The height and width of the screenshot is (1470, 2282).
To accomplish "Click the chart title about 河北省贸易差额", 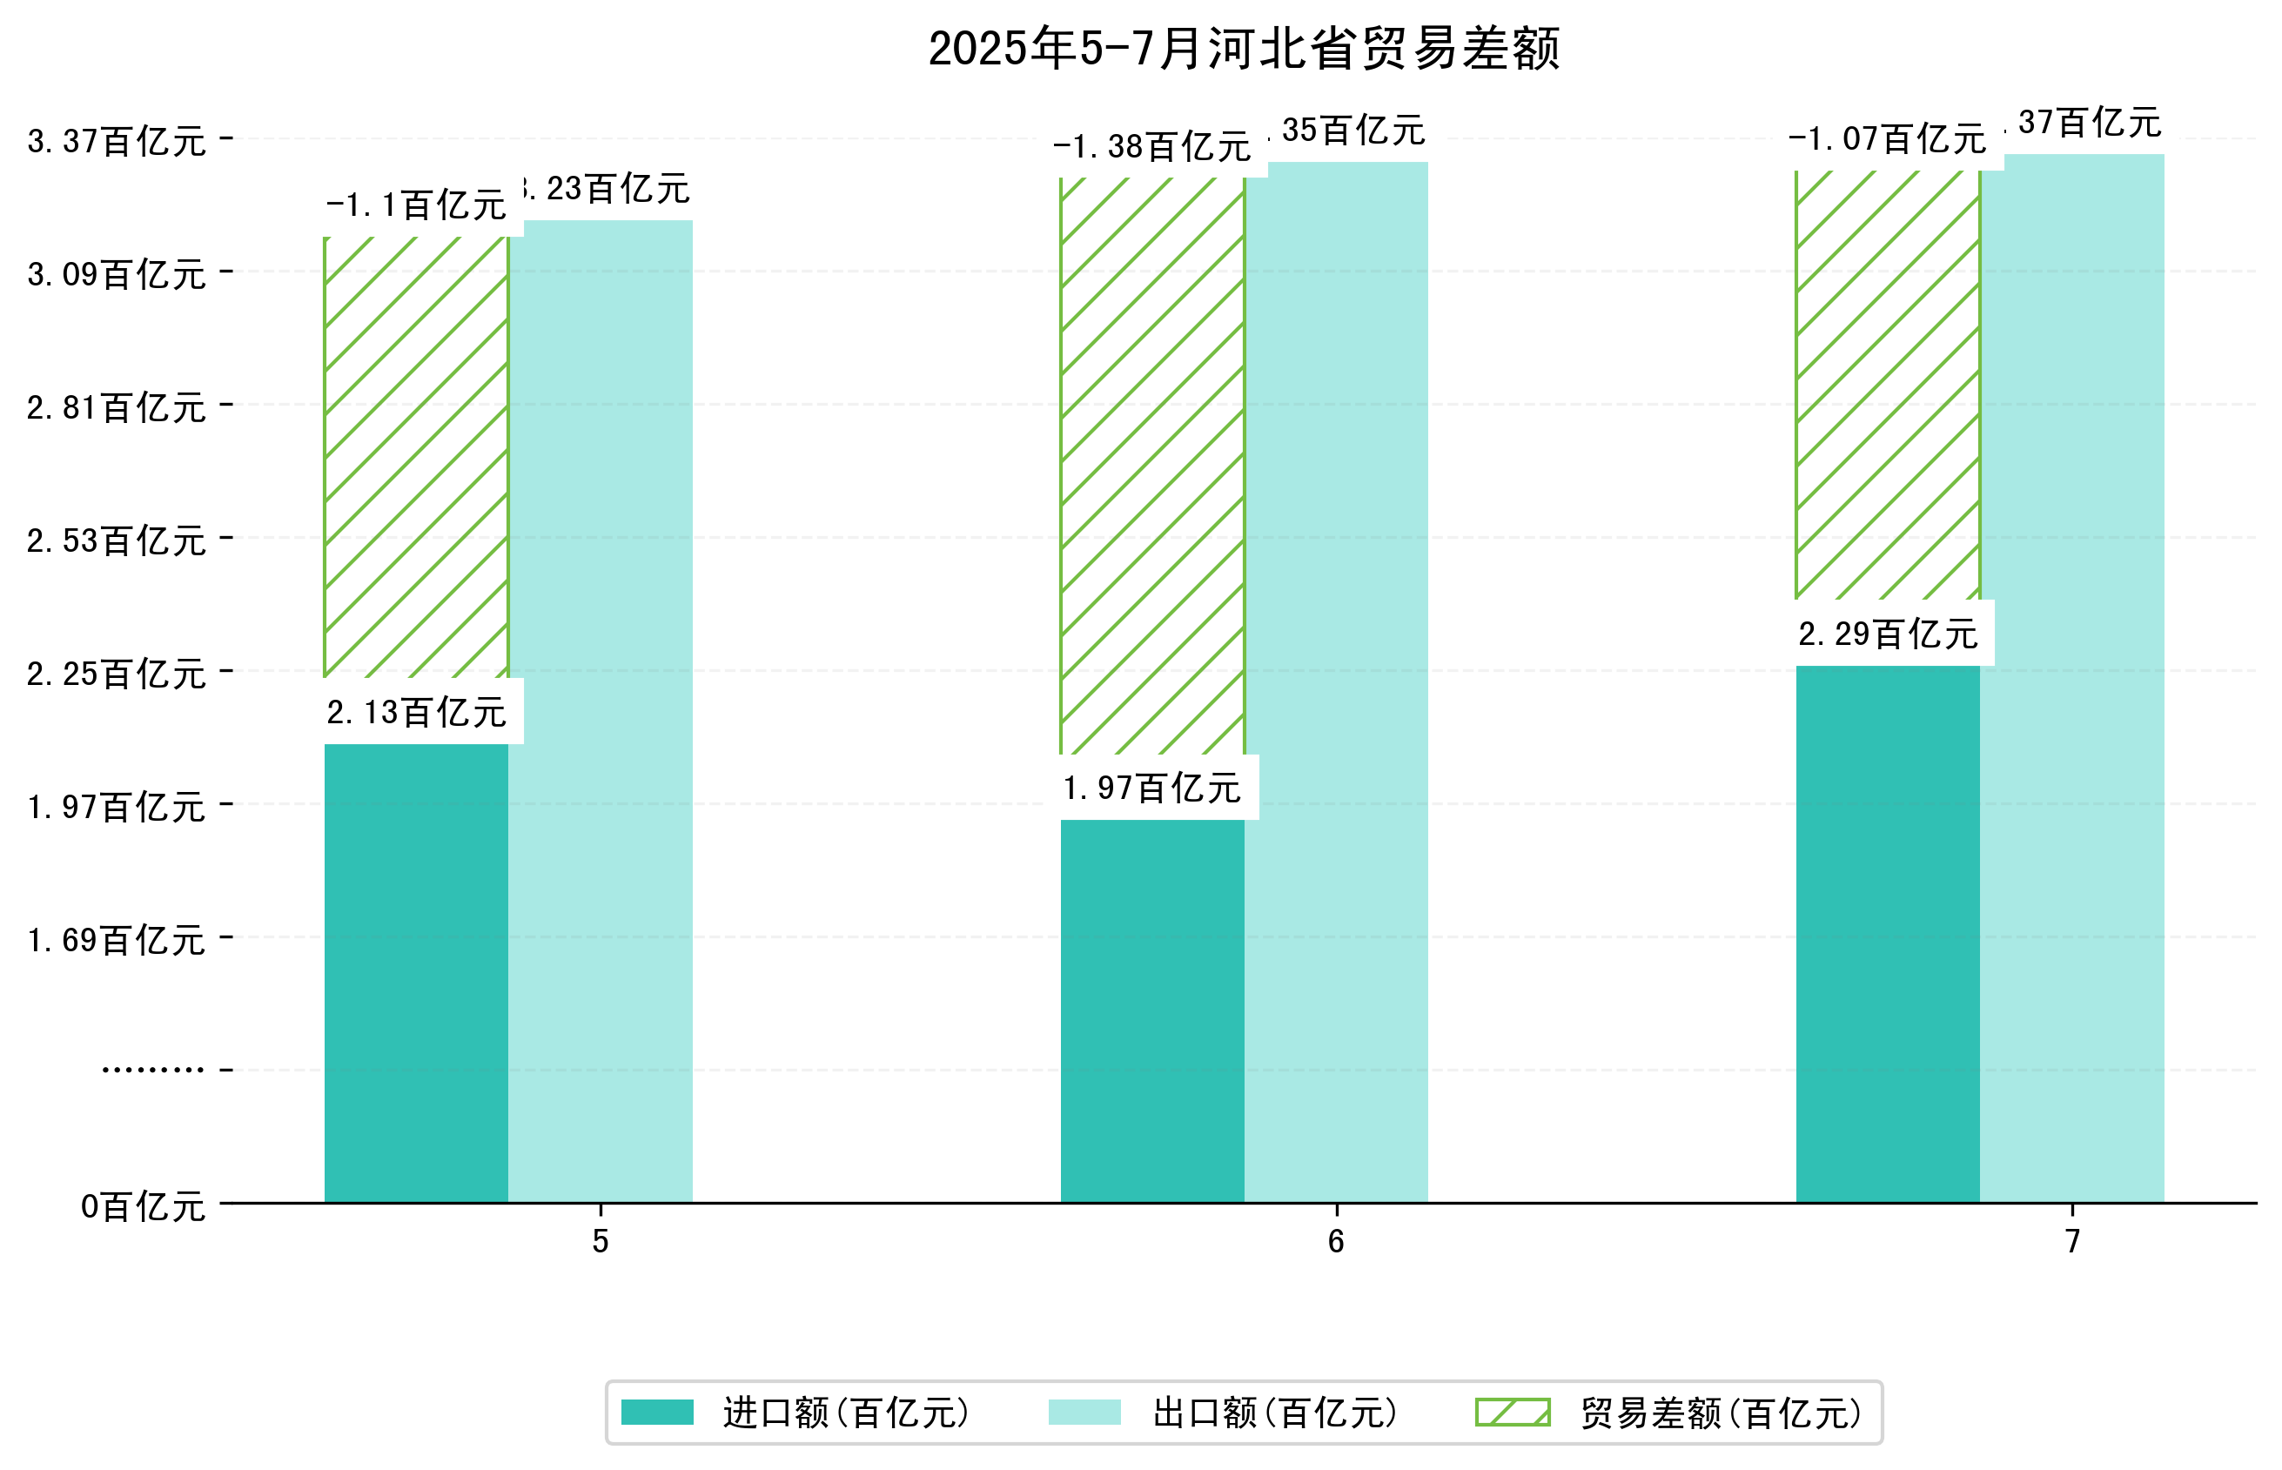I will [x=1243, y=49].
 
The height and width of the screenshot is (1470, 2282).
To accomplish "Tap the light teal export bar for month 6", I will [x=1335, y=681].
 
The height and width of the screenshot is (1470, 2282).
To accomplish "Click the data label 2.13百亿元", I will [x=416, y=712].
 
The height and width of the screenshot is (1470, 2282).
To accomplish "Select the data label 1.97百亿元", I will [x=1151, y=789].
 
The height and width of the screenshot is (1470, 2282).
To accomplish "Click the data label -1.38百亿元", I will [x=1151, y=147].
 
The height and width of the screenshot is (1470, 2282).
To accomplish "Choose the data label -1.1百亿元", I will [x=416, y=205].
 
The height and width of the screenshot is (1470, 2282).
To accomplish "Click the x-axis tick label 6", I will [x=1335, y=1241].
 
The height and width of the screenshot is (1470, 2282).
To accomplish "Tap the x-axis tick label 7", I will [x=2071, y=1241].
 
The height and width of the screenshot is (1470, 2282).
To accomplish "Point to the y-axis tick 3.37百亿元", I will [x=117, y=141].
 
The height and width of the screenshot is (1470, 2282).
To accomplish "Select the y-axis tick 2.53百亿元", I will [x=117, y=540].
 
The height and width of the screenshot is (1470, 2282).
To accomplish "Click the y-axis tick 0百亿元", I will [x=142, y=1206].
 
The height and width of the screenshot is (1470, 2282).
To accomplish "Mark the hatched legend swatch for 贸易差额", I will [x=1512, y=1413].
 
